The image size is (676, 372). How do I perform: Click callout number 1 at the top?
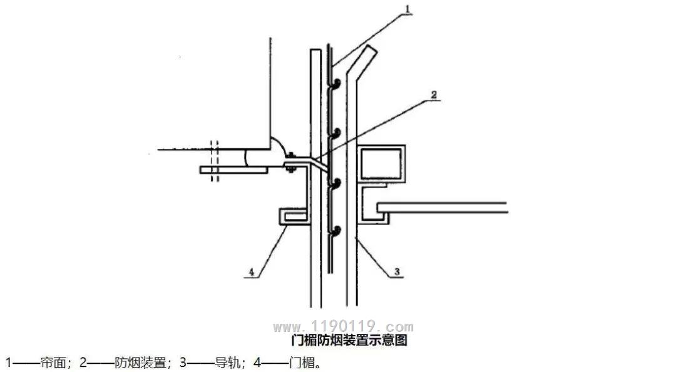408,9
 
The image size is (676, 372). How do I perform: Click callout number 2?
434,94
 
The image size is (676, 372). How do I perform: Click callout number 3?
397,271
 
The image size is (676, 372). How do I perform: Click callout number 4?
252,272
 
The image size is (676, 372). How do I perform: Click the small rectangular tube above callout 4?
294,216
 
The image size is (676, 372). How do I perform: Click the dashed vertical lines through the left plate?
214,161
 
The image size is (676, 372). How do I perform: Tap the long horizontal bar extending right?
442,208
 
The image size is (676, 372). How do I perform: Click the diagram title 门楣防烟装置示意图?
349,340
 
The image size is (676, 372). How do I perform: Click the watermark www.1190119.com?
343,326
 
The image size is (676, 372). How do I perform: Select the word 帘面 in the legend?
53,363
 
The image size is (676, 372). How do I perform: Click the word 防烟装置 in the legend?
141,363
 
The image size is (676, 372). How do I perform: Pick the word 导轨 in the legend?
228,363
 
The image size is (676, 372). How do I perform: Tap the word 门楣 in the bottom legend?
302,363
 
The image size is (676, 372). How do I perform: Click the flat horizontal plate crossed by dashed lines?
233,170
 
